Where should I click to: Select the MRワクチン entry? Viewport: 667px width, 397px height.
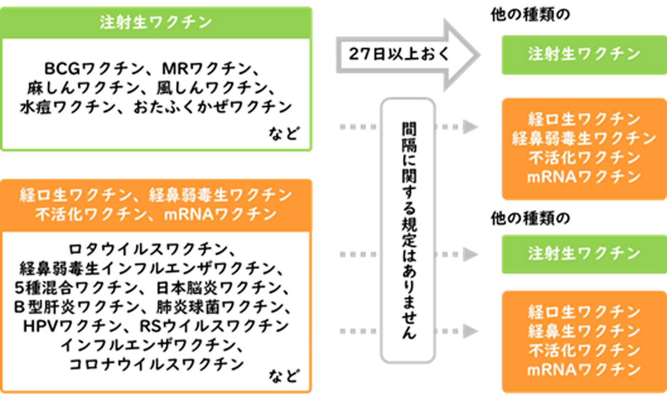tap(207, 68)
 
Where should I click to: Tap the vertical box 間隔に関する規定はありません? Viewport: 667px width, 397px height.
tap(408, 231)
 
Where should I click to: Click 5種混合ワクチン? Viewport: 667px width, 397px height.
tap(76, 288)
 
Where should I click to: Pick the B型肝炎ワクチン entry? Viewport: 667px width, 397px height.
tap(76, 307)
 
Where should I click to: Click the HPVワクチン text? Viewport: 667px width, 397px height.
tap(72, 326)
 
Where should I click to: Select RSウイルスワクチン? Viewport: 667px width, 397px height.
tap(214, 326)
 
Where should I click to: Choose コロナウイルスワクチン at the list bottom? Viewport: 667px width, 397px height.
tap(156, 364)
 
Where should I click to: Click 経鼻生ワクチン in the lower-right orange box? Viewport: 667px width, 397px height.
tap(584, 331)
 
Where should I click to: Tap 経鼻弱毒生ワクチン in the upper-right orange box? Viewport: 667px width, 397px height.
tap(584, 139)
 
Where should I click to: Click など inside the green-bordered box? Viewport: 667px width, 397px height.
tap(284, 133)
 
